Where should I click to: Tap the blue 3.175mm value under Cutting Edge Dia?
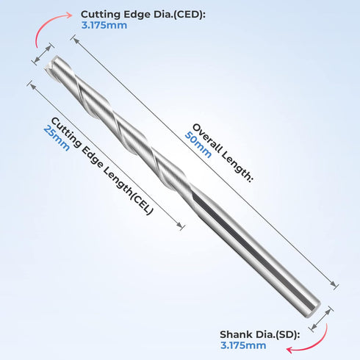104,25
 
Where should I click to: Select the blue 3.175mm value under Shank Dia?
243,345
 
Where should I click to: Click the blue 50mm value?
198,145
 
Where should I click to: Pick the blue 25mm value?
57,138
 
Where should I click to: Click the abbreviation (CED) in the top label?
189,15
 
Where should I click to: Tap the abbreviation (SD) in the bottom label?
288,334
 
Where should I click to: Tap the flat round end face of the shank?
314,309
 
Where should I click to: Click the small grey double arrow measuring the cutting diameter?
43,54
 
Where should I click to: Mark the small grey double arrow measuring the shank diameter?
321,318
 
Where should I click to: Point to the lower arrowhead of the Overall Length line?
333,284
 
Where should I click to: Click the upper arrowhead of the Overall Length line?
76,41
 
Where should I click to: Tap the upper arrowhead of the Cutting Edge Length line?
32,86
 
